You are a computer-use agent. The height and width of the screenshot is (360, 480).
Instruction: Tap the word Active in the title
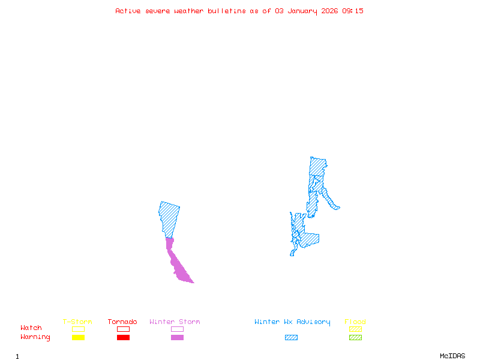(x=128, y=11)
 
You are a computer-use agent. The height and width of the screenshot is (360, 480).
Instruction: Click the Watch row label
(x=31, y=328)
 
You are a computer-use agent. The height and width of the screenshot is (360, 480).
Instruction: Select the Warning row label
(x=35, y=337)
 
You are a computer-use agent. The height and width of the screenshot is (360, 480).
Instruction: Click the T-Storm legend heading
(x=77, y=322)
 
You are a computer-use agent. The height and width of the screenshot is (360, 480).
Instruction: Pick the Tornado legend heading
(x=122, y=322)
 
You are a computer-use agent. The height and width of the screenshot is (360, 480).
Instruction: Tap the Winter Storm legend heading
(x=175, y=322)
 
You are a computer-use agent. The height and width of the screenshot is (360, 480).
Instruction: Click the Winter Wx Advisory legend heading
(x=292, y=322)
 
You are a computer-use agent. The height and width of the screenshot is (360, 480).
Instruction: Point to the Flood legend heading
(x=355, y=322)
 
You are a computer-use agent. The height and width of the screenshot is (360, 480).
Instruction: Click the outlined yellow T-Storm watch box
(x=78, y=329)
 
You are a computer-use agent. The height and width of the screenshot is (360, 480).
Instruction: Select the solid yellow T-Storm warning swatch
(x=78, y=337)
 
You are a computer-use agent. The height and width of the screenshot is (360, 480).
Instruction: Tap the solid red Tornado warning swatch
(x=123, y=337)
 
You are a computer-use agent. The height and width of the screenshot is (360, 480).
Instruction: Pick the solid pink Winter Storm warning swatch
(x=177, y=337)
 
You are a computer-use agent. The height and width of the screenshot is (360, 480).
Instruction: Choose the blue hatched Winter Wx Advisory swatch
(x=291, y=337)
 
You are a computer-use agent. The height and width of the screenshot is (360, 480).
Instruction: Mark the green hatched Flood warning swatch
(x=355, y=337)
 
